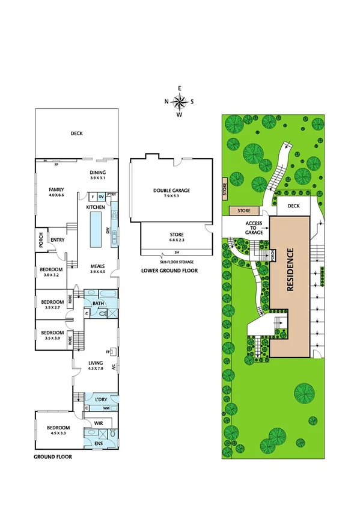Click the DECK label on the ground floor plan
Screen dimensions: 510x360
(x=76, y=134)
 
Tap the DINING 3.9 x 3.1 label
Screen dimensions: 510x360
(x=97, y=175)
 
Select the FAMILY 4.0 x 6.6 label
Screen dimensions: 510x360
(x=56, y=192)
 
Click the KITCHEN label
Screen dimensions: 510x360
(x=96, y=207)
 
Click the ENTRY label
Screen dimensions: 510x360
(x=58, y=240)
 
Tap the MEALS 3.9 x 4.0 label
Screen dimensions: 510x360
(x=97, y=269)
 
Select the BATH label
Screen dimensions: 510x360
(x=98, y=303)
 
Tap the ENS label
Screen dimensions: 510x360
(x=98, y=444)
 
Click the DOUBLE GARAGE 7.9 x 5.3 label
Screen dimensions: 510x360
(x=171, y=193)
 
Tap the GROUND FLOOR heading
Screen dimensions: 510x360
(x=53, y=457)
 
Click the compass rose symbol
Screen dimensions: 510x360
(x=179, y=101)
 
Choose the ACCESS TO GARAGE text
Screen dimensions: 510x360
(x=254, y=227)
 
